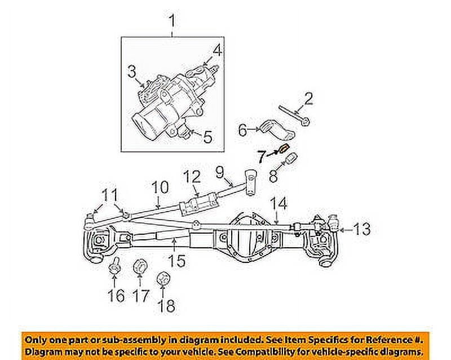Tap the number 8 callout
click(273, 177)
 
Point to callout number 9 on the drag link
click(219, 169)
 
